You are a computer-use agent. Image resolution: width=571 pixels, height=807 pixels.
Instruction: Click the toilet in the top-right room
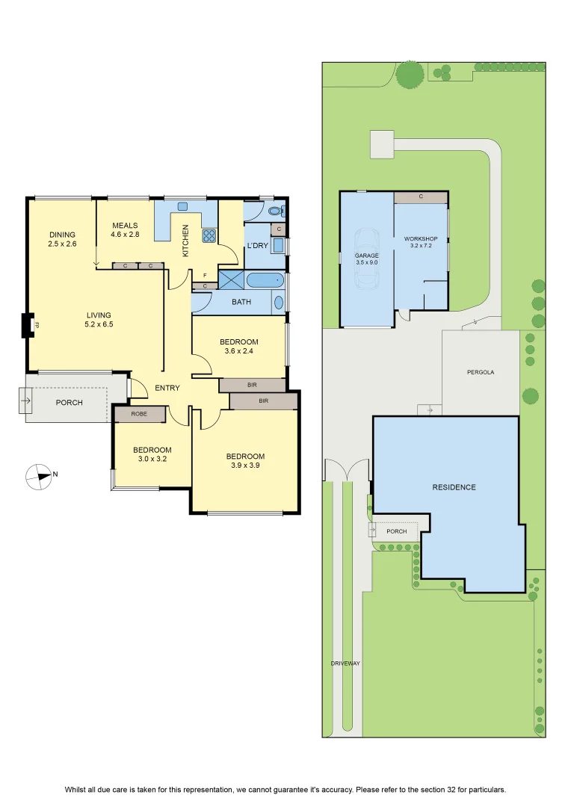[x=276, y=211]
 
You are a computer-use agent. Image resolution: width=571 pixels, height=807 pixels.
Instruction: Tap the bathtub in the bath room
[x=265, y=281]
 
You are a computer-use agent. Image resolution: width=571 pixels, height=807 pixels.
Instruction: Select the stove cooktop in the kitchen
[x=209, y=235]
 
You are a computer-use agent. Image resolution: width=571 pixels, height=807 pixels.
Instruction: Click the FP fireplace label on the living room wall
[x=36, y=325]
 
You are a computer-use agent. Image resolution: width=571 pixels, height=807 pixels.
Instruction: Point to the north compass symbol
[x=39, y=476]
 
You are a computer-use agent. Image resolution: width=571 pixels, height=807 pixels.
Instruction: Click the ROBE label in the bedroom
[x=139, y=414]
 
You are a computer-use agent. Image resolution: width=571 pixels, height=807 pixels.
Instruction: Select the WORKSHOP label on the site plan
[x=421, y=239]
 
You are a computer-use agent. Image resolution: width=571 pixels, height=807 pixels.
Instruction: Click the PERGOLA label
[x=481, y=372]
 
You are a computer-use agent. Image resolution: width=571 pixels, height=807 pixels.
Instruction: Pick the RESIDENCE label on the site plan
[x=454, y=487]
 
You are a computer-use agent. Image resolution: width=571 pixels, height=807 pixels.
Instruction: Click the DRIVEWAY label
[x=345, y=664]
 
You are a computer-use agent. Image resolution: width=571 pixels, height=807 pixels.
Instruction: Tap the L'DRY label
[x=257, y=246]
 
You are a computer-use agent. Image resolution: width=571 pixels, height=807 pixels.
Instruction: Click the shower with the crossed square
[x=231, y=280]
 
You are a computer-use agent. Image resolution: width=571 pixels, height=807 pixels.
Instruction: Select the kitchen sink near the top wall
[x=183, y=206]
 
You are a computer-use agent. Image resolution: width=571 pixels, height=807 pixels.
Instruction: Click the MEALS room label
[x=125, y=226]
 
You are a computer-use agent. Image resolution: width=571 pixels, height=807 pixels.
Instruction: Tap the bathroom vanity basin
[x=279, y=302]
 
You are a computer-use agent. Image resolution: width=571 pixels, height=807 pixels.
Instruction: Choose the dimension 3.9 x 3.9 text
[x=245, y=466]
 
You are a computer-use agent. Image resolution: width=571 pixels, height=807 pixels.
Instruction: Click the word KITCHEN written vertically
[x=185, y=241]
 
